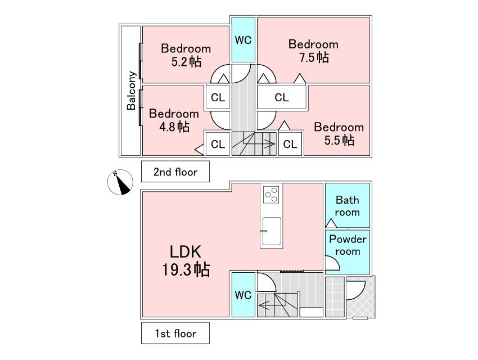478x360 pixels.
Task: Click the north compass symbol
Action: tap(120, 182)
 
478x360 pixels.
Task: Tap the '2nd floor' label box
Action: tap(175, 172)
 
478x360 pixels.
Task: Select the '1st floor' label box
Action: tap(175, 333)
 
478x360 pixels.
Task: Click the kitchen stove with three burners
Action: tap(271, 194)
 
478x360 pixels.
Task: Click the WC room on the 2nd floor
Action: tap(243, 40)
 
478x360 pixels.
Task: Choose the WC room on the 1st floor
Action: tap(243, 295)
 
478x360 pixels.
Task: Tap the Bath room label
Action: tap(347, 206)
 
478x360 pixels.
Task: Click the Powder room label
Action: tap(348, 245)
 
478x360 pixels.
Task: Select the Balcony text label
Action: tap(131, 90)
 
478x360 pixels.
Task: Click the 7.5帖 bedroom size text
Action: tap(314, 57)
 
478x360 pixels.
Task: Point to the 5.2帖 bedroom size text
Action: tap(186, 62)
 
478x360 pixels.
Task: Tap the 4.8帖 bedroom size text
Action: tap(174, 127)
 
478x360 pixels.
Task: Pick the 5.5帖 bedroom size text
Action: tap(339, 140)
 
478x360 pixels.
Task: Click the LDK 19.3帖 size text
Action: tap(186, 261)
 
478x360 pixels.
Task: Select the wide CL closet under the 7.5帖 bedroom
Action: tap(281, 97)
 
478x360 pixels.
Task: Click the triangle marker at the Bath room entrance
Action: tap(331, 223)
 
